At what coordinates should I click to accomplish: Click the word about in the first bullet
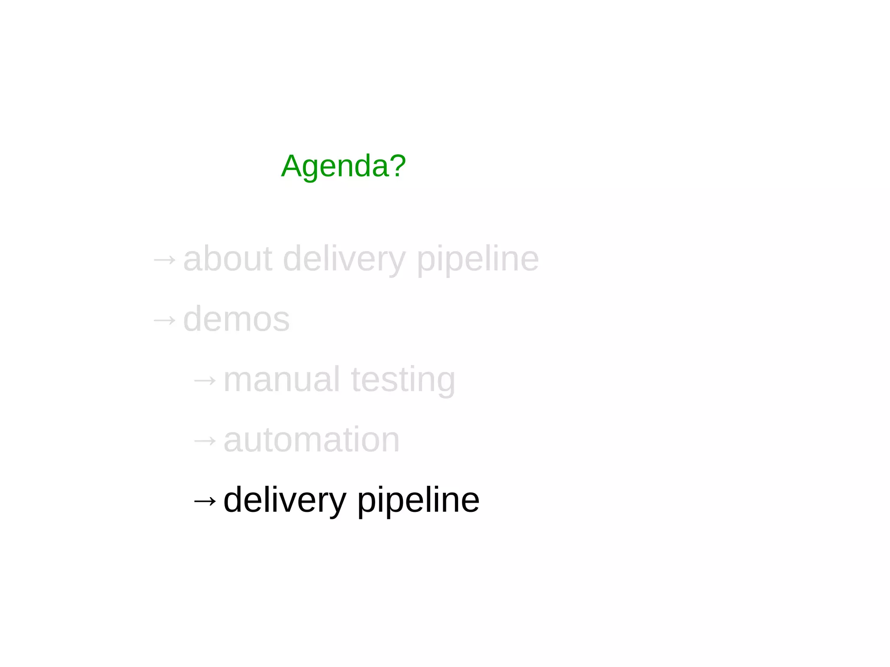coord(228,259)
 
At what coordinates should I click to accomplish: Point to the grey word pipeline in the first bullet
coord(478,260)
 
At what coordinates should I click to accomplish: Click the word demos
coord(236,319)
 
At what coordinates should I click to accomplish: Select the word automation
coord(311,440)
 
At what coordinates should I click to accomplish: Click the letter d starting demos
coord(193,319)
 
